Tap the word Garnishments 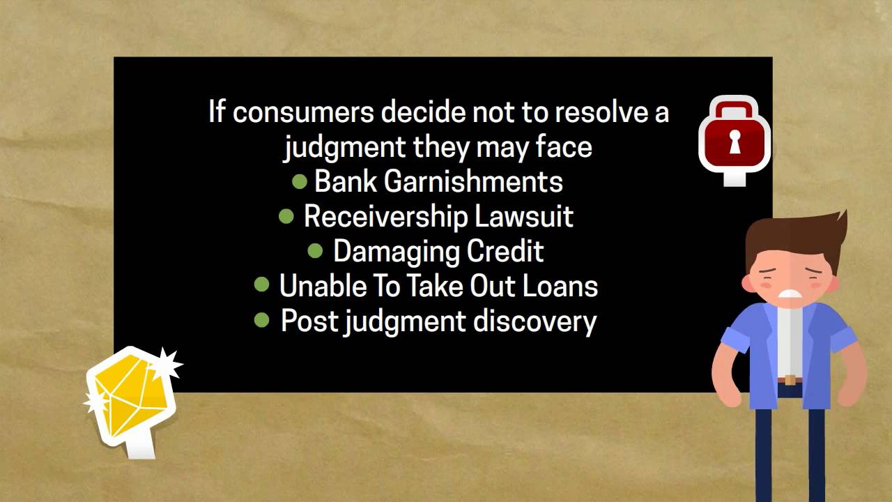[x=473, y=182]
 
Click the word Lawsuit [x=524, y=217]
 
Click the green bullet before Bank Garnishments [x=300, y=181]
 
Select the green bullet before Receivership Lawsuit [x=286, y=216]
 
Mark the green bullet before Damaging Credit [x=315, y=250]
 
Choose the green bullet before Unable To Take [x=262, y=284]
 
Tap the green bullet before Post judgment [x=262, y=320]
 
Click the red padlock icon [x=734, y=136]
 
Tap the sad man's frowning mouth [x=790, y=293]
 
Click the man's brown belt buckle [x=790, y=380]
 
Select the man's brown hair [x=794, y=234]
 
